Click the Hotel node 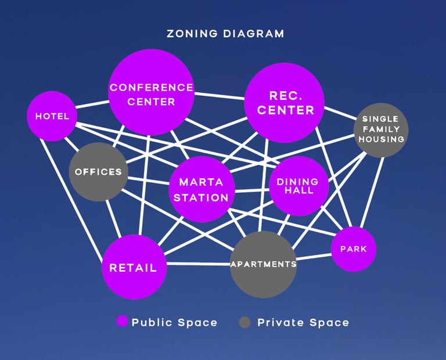[52, 116]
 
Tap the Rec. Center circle [285, 103]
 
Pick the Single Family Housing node [381, 129]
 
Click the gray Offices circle [98, 172]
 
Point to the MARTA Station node [202, 189]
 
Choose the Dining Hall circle [298, 186]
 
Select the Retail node [134, 267]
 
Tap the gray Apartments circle [264, 264]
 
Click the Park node [353, 249]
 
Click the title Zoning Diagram [225, 34]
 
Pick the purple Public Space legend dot [122, 322]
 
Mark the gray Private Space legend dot [244, 322]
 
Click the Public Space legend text [174, 322]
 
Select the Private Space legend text [303, 322]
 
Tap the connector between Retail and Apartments [197, 264]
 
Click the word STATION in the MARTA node [202, 197]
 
